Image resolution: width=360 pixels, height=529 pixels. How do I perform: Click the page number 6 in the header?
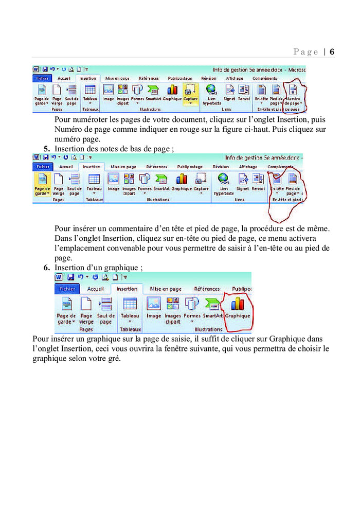pos(332,51)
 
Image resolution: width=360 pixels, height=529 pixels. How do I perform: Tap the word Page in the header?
pos(306,51)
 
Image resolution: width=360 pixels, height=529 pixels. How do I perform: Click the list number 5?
pos(47,149)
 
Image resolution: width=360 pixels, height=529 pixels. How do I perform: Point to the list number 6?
pos(47,268)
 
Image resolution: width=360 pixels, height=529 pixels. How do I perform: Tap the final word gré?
pos(114,359)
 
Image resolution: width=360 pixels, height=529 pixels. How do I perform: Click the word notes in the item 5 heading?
pos(107,149)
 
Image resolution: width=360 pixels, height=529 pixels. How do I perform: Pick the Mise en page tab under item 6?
pos(166,289)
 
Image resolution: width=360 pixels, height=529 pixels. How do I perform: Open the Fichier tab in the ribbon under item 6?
pos(67,289)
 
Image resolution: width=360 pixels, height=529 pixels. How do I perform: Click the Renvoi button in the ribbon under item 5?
pos(258,183)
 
